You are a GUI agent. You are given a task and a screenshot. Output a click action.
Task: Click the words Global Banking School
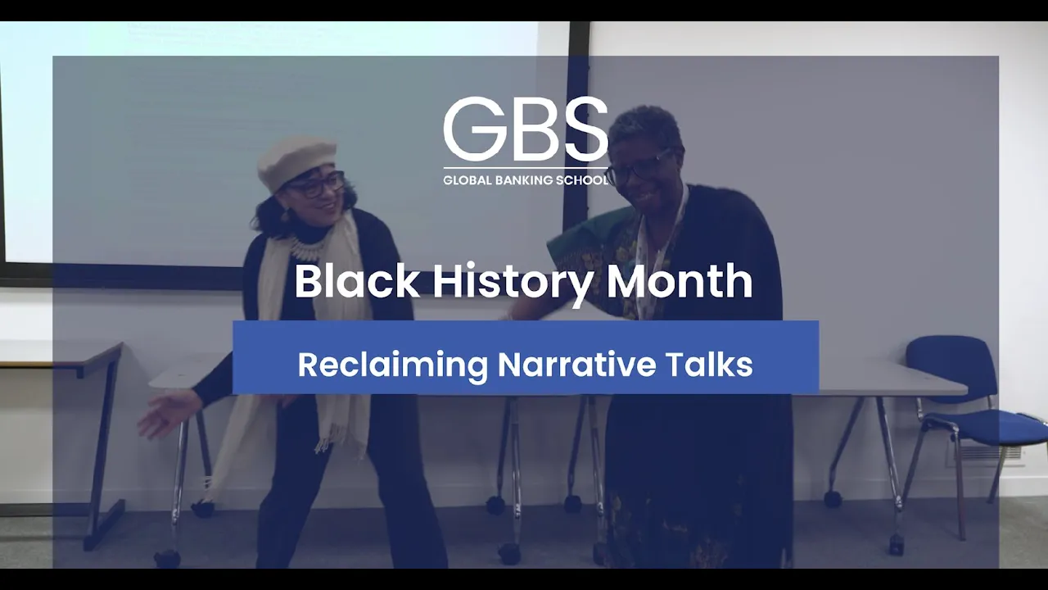(526, 180)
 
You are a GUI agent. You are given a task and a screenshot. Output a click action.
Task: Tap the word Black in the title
(357, 281)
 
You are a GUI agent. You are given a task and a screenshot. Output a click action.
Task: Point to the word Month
(680, 281)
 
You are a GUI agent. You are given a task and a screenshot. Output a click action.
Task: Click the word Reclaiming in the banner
(392, 365)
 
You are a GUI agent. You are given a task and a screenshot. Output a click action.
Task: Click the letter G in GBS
(472, 129)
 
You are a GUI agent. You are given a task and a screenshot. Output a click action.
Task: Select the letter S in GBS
(585, 129)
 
